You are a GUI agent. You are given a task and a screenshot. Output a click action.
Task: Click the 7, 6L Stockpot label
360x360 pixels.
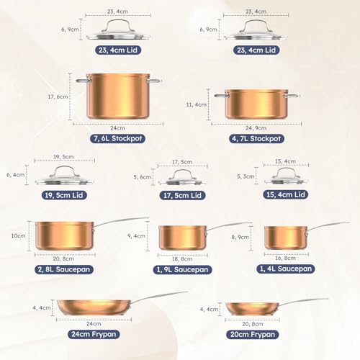117,139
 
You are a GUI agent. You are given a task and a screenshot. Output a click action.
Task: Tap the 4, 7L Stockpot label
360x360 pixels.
256,139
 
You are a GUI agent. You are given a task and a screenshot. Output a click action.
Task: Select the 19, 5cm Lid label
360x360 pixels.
64,195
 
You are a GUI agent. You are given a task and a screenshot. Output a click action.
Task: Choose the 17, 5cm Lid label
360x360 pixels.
182,196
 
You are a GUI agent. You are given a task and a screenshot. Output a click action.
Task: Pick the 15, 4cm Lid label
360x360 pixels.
286,194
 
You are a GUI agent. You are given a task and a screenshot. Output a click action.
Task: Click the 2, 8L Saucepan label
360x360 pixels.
64,269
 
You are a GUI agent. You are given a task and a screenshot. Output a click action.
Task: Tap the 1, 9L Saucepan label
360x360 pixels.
182,270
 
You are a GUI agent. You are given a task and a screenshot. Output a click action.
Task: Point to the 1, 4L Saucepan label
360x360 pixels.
286,269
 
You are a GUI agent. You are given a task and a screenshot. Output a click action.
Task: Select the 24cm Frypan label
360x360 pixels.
94,334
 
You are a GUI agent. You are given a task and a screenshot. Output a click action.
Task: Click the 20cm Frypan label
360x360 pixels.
253,335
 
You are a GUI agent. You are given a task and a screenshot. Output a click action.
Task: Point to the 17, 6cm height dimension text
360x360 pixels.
58,97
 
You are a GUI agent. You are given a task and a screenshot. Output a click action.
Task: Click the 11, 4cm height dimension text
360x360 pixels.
197,105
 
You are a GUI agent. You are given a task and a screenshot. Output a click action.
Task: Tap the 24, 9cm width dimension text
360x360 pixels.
256,128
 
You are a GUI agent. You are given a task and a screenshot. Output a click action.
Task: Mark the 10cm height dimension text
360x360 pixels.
18,236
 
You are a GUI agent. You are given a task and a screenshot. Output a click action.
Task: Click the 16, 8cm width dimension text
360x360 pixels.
285,258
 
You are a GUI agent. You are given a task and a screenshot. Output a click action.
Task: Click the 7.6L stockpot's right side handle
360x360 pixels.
154,81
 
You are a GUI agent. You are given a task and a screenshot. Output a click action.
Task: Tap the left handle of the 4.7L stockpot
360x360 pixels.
221,96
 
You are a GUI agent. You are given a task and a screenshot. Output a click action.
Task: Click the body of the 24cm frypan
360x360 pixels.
94,307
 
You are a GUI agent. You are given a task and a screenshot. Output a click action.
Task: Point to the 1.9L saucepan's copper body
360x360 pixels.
182,238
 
